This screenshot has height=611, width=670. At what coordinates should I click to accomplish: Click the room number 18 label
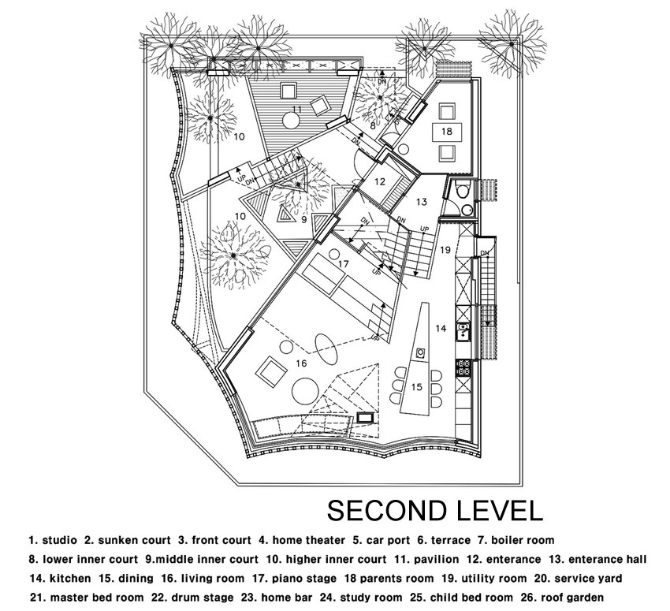coord(446,131)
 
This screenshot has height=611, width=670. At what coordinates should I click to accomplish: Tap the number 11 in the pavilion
coord(297,110)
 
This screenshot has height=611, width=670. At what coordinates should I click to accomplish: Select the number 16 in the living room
coord(301,363)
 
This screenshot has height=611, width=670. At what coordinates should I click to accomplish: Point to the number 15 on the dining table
coord(417,387)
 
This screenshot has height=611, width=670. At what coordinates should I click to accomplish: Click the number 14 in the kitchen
coord(441,328)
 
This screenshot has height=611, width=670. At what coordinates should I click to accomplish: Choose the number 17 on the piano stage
coord(343,264)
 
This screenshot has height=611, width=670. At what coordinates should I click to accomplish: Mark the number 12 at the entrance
coord(380,181)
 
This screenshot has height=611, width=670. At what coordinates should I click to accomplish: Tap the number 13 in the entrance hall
coord(422,202)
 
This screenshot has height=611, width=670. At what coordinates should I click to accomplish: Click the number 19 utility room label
coord(445,250)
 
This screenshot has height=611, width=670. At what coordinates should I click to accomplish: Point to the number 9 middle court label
coord(303,220)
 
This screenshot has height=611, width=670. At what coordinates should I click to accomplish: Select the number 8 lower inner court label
coord(373,126)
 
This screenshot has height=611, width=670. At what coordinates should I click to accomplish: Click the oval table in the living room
coord(327,345)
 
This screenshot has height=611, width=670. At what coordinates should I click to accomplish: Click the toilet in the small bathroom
coord(462,191)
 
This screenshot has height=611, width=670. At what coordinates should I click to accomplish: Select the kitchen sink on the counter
coord(463,332)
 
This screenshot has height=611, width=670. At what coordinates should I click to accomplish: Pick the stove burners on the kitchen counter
coord(463,368)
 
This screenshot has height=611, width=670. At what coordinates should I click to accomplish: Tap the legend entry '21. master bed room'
coord(87,598)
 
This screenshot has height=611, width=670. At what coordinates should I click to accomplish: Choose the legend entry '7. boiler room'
coord(516,540)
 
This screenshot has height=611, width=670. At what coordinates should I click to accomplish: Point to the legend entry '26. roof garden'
coord(562,598)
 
